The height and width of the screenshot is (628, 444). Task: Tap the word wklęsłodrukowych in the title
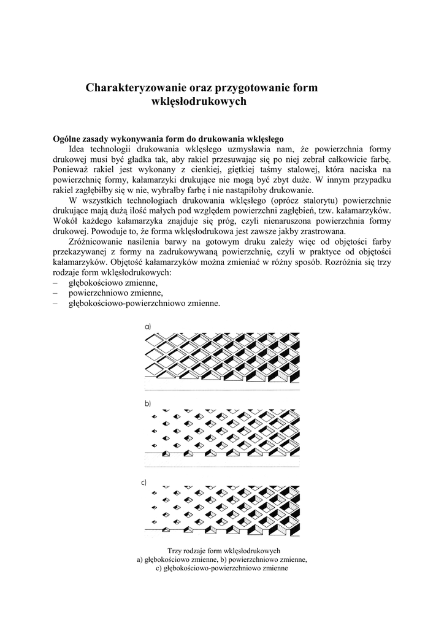(x=198, y=102)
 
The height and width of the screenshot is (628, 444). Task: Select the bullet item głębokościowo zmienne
(x=113, y=283)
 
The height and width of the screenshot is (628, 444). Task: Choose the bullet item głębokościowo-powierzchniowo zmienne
(x=144, y=304)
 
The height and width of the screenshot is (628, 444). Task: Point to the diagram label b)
(x=148, y=404)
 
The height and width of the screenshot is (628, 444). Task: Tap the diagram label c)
(x=144, y=482)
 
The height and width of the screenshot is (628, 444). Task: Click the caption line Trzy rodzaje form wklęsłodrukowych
(x=223, y=551)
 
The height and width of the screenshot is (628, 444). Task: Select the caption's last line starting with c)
(x=222, y=569)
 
